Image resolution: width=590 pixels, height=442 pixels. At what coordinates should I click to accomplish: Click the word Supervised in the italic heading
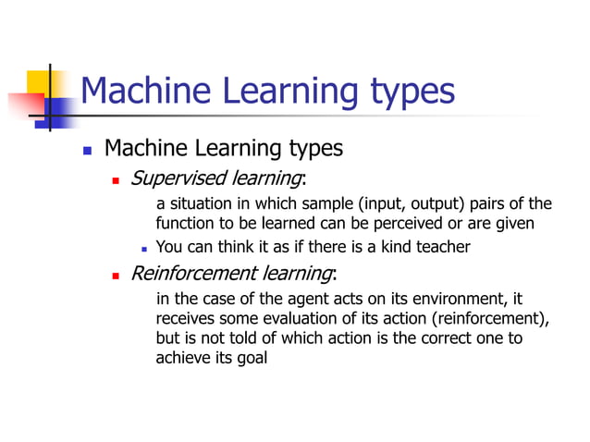(167, 177)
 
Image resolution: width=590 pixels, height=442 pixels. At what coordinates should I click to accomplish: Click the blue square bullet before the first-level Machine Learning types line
(87, 149)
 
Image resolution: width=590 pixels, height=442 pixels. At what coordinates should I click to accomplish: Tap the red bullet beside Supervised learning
(117, 178)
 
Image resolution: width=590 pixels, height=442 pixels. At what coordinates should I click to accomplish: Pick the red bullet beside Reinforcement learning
(117, 275)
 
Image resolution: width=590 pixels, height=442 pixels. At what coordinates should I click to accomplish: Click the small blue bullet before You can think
(144, 248)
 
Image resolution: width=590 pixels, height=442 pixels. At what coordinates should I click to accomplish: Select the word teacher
(442, 247)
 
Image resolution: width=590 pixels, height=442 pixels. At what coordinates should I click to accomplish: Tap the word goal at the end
(252, 359)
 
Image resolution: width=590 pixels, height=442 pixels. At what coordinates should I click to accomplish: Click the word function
(185, 223)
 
